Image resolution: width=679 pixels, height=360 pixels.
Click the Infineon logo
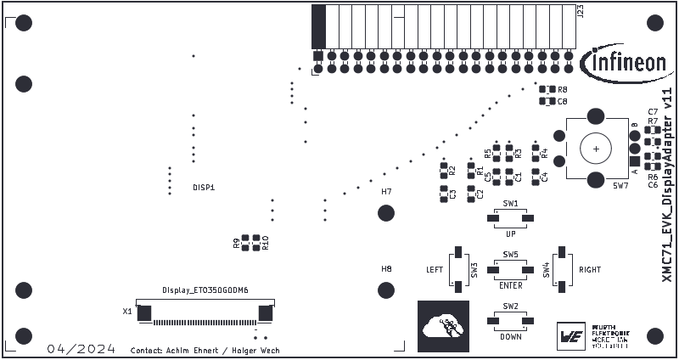624,61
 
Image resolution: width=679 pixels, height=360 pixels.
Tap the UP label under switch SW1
510,233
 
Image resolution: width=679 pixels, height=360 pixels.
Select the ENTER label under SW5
511,285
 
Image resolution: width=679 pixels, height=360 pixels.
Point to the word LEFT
435,270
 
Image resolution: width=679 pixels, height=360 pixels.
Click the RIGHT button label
590,270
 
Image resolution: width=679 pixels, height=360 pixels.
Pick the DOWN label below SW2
511,336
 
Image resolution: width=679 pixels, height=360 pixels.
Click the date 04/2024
81,349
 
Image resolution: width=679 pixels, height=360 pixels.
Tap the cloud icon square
443,325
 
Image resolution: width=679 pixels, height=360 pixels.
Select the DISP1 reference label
204,187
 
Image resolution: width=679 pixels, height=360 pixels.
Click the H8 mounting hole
386,288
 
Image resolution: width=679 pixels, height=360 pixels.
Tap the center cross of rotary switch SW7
597,149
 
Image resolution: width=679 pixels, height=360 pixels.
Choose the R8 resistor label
563,89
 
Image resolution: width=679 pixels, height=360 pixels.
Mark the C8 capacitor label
563,101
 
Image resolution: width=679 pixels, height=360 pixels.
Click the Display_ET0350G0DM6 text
205,290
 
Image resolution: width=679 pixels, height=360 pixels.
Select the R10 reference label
266,242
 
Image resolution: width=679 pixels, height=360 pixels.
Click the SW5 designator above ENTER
510,254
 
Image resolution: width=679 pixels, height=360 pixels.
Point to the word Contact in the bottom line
144,350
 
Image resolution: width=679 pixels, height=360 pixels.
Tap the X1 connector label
127,312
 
